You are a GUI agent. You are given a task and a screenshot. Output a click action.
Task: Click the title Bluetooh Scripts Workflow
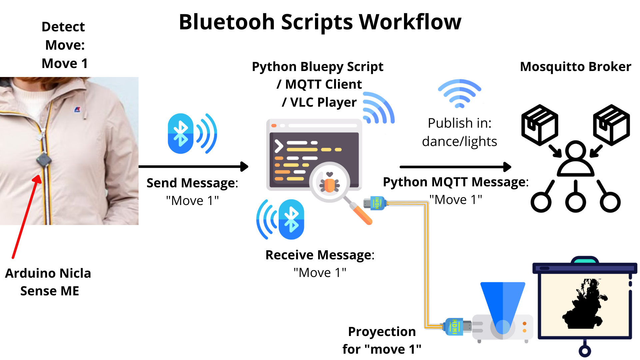(x=320, y=22)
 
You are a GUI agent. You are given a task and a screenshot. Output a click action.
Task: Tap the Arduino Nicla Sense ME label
(x=48, y=282)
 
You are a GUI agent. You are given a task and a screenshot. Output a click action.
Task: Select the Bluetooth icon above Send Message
(x=192, y=134)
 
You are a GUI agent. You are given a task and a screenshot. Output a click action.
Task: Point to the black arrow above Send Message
(x=193, y=166)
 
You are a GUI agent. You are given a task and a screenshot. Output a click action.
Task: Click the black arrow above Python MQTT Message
(x=455, y=167)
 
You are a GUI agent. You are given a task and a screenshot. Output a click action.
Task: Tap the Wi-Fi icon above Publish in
(x=459, y=93)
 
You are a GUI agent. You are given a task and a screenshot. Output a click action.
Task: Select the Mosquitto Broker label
(x=575, y=67)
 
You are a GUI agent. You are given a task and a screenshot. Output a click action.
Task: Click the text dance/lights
(x=459, y=141)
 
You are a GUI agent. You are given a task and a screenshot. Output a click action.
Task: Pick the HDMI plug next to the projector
(x=455, y=327)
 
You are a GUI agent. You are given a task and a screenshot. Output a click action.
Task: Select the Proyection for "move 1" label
(x=382, y=340)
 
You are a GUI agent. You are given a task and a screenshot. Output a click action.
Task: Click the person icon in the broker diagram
(x=576, y=158)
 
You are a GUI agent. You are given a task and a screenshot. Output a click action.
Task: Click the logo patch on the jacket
(x=78, y=109)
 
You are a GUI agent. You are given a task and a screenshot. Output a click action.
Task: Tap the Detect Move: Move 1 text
(x=64, y=45)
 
